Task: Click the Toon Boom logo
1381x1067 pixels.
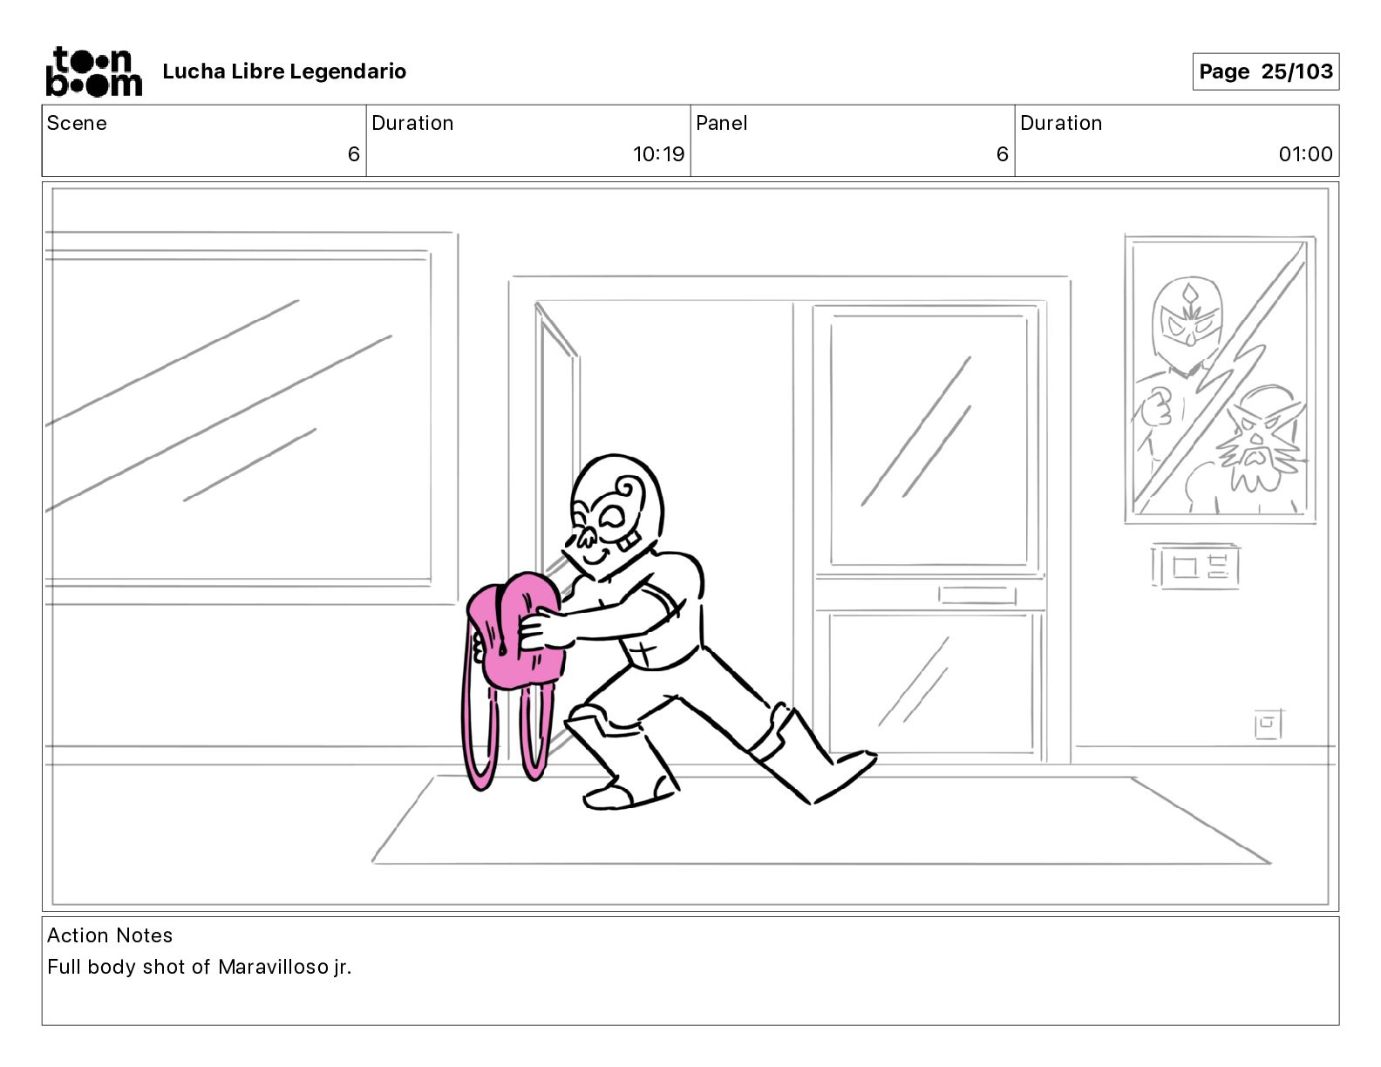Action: point(94,71)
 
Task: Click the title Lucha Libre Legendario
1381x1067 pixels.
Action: point(284,71)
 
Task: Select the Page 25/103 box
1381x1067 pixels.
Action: point(1265,71)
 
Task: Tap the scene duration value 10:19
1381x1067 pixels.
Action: point(658,153)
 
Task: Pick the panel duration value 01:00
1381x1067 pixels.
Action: point(1305,153)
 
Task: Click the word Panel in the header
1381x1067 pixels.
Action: point(721,123)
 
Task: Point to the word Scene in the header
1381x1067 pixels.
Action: point(77,123)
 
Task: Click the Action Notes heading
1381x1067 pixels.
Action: point(110,934)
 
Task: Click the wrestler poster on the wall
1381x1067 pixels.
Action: point(1220,379)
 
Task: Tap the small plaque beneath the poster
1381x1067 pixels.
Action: point(1194,566)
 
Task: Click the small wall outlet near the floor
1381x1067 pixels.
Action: point(1269,724)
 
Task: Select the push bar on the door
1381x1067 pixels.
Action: point(976,595)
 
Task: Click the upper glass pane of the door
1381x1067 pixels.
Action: point(929,439)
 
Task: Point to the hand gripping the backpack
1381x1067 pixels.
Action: point(541,629)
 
